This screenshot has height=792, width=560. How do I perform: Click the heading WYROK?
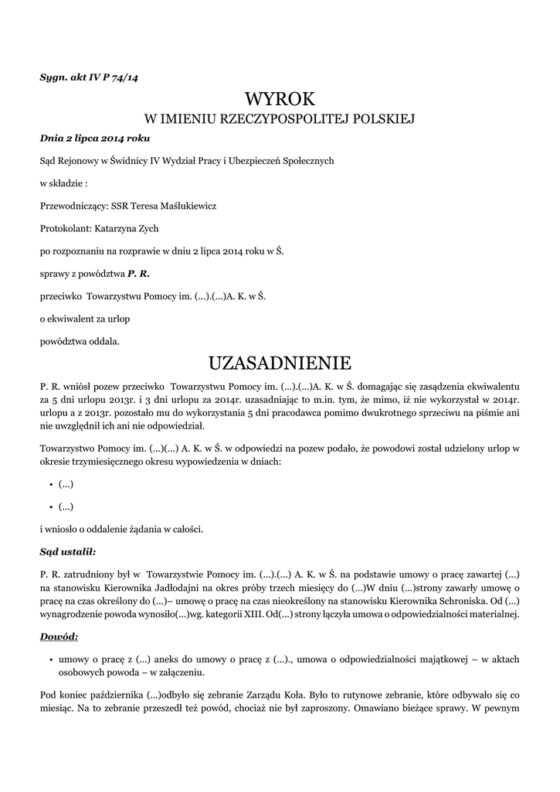280,99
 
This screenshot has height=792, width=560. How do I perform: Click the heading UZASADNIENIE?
280,363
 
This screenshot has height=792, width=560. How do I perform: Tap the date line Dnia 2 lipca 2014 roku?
94,138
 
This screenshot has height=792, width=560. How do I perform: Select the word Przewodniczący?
73,206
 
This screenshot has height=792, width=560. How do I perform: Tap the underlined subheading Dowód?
59,637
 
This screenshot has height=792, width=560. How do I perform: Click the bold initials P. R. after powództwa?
138,273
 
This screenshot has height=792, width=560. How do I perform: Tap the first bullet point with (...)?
66,484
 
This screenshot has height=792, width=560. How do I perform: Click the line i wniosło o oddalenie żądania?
121,529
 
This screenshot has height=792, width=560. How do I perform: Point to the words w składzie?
63,183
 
